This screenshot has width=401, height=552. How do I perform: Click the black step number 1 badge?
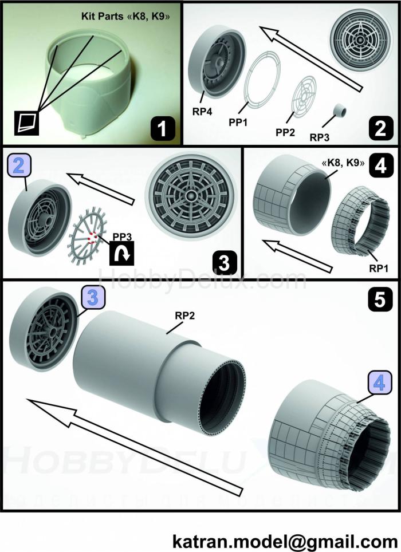(x=163, y=128)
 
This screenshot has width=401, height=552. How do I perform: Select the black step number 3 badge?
(x=223, y=263)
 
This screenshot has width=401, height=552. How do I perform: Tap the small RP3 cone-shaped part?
(x=343, y=109)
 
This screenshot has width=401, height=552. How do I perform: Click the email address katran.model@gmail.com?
(x=285, y=541)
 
